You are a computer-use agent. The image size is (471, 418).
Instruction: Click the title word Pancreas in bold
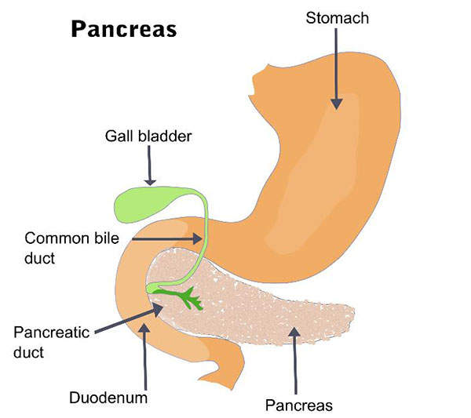point(124,29)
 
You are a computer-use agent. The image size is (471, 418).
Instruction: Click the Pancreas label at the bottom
point(298,405)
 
